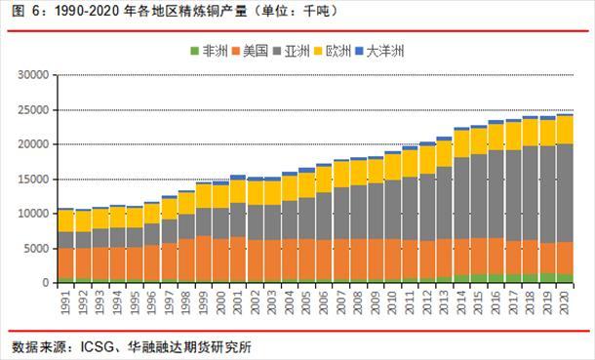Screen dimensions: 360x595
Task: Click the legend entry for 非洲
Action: pyautogui.click(x=210, y=51)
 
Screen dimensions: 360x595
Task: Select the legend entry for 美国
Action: pyautogui.click(x=257, y=51)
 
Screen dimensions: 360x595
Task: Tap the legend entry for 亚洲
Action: pyautogui.click(x=303, y=51)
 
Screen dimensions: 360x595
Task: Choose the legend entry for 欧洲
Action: pyautogui.click(x=350, y=51)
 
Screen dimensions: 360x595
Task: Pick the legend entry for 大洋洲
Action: pyautogui.click(x=402, y=51)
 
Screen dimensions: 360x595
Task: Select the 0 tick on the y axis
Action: pyautogui.click(x=45, y=283)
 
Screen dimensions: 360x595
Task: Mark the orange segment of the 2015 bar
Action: pyautogui.click(x=478, y=255)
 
